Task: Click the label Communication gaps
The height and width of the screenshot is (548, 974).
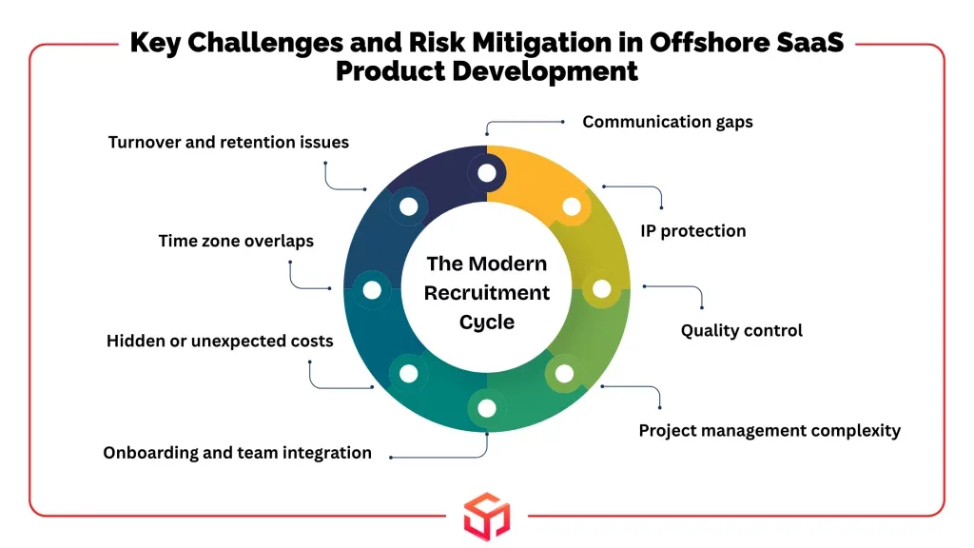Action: (667, 122)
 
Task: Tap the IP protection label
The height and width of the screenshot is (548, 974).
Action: (692, 231)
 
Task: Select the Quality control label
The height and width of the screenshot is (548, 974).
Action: (741, 330)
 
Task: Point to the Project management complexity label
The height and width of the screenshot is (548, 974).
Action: (769, 431)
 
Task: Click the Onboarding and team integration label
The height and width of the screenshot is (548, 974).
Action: (237, 453)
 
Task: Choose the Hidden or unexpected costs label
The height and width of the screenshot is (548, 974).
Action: (220, 342)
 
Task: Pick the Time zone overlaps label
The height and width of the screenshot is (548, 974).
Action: (236, 241)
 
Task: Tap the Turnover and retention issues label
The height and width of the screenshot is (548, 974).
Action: (228, 143)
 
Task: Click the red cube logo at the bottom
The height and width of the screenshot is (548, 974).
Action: (487, 516)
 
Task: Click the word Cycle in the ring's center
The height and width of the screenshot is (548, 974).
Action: (487, 323)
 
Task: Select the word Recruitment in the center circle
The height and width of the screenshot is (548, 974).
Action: (487, 293)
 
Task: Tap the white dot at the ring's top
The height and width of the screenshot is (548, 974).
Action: (487, 173)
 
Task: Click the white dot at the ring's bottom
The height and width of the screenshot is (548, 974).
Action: (487, 408)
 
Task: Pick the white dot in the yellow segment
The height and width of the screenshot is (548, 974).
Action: (572, 206)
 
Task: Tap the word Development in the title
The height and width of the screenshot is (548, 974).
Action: (545, 71)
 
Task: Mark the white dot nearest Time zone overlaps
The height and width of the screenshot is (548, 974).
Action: (372, 289)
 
